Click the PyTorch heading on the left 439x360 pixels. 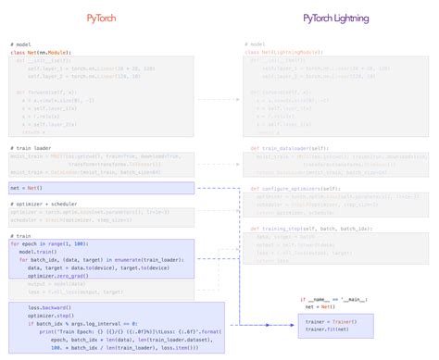coord(108,19)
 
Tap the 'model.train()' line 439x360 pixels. coord(38,252)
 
